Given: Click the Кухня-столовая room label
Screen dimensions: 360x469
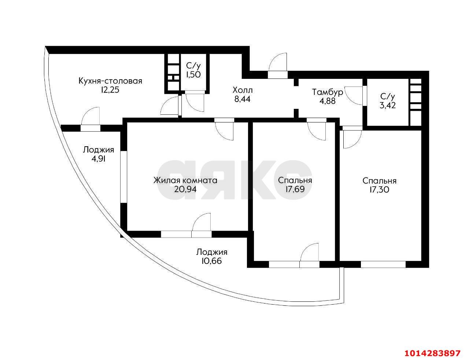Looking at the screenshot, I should [x=110, y=81].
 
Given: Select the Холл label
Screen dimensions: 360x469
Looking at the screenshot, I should [x=243, y=90].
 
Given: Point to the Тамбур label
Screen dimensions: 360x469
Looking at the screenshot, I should [x=328, y=92].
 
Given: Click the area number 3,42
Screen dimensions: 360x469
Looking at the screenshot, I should [x=388, y=106].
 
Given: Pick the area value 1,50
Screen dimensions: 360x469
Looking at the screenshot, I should [x=193, y=75].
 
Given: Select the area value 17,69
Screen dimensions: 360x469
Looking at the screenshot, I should [x=295, y=190].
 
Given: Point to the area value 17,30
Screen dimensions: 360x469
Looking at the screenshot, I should [x=379, y=190].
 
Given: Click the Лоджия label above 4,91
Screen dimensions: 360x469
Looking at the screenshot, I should [x=98, y=150].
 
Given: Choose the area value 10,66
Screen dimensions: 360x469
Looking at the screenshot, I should [x=211, y=261].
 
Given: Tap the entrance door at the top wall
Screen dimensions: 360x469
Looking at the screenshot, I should [x=277, y=66].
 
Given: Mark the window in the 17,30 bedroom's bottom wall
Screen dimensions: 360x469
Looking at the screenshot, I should [x=383, y=264].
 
